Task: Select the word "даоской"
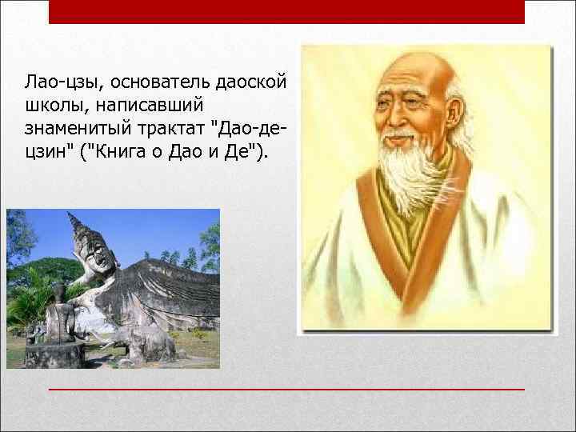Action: click(254, 82)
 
